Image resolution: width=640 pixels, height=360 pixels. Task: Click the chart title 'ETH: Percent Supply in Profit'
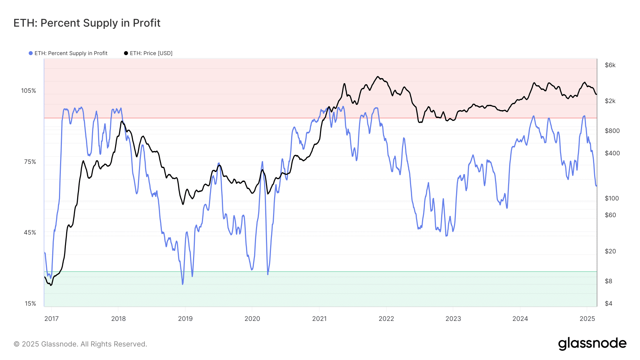click(x=87, y=23)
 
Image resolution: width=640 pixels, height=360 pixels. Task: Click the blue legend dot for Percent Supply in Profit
click(x=31, y=53)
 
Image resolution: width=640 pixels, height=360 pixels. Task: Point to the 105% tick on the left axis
click(x=28, y=91)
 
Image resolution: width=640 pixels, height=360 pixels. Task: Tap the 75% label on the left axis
click(x=30, y=162)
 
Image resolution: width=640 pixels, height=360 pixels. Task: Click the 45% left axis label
click(x=30, y=232)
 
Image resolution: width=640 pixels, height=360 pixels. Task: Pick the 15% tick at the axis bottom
click(x=30, y=303)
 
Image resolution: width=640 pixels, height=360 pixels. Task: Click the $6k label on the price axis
click(x=610, y=65)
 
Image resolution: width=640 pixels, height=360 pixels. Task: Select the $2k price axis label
click(x=610, y=101)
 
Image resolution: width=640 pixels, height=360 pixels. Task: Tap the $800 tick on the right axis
click(x=612, y=131)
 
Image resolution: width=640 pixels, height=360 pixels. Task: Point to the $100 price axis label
click(x=612, y=198)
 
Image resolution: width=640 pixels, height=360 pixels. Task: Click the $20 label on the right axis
click(x=610, y=251)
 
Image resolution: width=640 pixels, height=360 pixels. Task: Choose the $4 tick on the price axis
click(x=609, y=303)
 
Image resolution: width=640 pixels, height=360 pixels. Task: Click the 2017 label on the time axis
click(x=52, y=319)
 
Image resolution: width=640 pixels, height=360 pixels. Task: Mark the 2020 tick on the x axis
click(x=252, y=319)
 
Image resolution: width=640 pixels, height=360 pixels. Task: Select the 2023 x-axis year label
click(x=453, y=319)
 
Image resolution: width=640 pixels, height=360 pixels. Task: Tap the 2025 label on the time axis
click(x=587, y=319)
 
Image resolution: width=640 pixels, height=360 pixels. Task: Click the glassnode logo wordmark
click(x=592, y=344)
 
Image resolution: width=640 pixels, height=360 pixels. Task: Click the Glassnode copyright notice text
click(x=80, y=344)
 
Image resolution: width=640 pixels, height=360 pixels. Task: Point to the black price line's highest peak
click(x=378, y=76)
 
